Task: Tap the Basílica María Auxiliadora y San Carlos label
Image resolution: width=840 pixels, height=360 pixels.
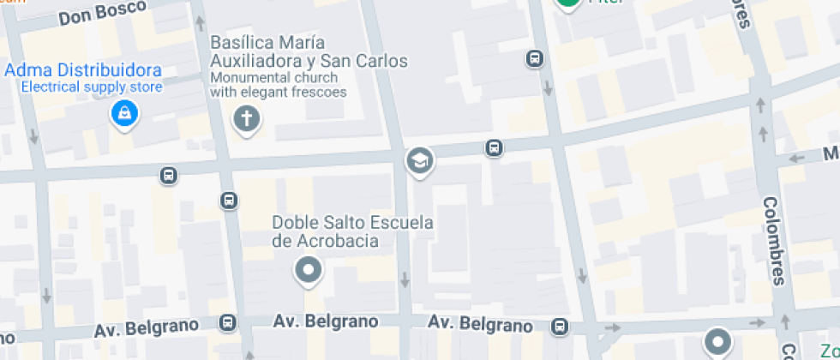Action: [x=309, y=51]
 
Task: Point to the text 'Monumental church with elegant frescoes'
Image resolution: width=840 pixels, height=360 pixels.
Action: [x=279, y=86]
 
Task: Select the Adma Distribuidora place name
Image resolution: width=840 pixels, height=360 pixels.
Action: [x=83, y=69]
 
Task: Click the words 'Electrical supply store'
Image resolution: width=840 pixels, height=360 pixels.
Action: [x=91, y=86]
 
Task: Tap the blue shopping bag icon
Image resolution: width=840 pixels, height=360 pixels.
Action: [x=125, y=112]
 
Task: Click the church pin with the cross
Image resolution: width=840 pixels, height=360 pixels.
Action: [x=247, y=119]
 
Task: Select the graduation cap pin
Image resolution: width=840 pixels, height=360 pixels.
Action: [x=419, y=159]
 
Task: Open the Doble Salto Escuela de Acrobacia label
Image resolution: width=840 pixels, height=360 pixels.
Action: [x=352, y=231]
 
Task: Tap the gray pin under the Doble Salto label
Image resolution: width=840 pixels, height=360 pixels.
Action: [x=308, y=271]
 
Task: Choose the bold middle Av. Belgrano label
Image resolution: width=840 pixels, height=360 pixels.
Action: [x=326, y=321]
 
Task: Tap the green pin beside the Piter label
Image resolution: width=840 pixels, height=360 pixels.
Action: [x=567, y=3]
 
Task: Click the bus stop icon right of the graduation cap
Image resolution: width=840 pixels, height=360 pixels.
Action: [x=494, y=148]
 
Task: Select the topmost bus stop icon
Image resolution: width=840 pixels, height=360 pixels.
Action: [x=534, y=58]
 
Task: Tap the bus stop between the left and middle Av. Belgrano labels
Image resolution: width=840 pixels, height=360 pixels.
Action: [x=227, y=323]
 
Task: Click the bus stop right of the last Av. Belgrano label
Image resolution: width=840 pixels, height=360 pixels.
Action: [x=560, y=327]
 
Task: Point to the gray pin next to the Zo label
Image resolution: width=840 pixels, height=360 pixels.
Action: [x=717, y=341]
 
